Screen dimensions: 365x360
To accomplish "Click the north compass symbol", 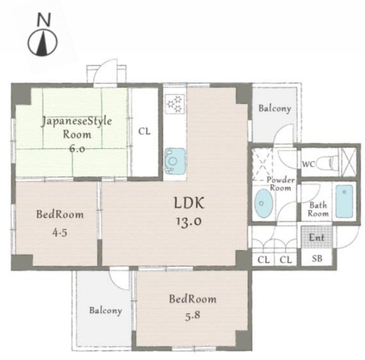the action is [43, 43].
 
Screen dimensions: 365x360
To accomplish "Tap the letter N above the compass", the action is [44, 19].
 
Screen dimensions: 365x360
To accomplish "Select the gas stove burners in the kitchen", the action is [175, 104].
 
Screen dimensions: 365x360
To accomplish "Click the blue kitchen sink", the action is [175, 161].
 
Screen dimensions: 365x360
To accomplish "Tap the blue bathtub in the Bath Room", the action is [344, 201].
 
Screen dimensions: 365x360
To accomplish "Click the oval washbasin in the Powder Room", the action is [263, 203].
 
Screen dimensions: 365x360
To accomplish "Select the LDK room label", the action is [189, 203].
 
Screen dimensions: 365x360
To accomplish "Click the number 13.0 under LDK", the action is [189, 221].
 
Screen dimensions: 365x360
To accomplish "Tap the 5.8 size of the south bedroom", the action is [193, 316].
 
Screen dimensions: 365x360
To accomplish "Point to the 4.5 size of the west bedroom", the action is [60, 233].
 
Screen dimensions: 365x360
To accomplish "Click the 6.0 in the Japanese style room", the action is [77, 148].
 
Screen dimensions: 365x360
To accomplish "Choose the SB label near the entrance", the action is [317, 258].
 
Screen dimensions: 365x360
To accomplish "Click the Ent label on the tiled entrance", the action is [316, 238].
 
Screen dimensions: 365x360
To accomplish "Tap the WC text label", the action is [308, 164].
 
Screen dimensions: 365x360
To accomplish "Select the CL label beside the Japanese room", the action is [144, 131].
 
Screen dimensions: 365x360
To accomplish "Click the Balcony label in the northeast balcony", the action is [275, 108].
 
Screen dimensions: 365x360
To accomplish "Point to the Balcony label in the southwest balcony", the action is [105, 310].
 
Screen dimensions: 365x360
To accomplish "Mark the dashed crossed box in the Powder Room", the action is [262, 164].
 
